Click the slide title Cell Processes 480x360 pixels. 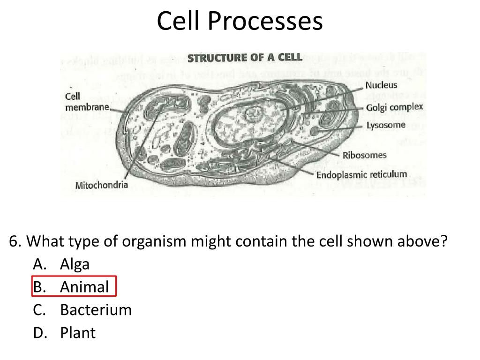tap(240, 21)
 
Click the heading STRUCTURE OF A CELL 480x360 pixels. tap(245, 58)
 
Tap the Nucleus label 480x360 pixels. tap(381, 85)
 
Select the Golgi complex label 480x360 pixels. tap(394, 107)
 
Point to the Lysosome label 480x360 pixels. tap(386, 125)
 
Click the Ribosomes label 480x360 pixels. tap(365, 155)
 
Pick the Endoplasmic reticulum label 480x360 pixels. tap(361, 175)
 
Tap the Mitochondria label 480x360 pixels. tap(102, 185)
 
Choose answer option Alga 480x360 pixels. tap(75, 264)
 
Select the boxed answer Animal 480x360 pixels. tap(84, 287)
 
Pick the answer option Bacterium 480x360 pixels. tap(96, 310)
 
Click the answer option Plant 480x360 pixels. tap(77, 333)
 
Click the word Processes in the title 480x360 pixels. tap(270, 21)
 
